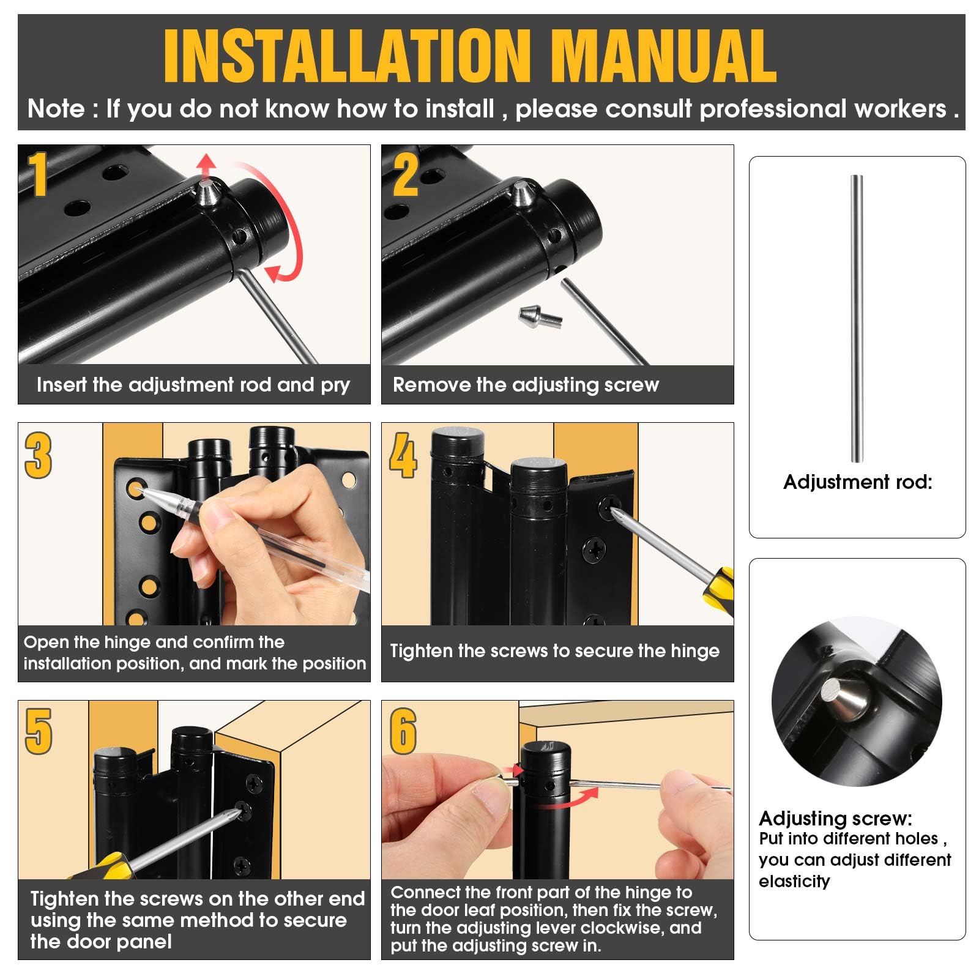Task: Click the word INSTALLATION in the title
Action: click(x=347, y=56)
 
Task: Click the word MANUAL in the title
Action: click(x=664, y=56)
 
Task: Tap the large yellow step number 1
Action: click(x=39, y=174)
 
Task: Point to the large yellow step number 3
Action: click(x=39, y=455)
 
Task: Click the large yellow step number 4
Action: click(x=403, y=455)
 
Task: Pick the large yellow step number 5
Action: click(x=39, y=732)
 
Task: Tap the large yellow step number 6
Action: click(x=403, y=732)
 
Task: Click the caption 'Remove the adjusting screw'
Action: click(x=526, y=385)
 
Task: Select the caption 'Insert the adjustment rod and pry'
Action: click(x=193, y=385)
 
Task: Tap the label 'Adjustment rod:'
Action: click(x=858, y=482)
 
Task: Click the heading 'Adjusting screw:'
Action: click(x=835, y=818)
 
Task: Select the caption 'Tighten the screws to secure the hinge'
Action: click(x=554, y=651)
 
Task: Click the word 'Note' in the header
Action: click(x=56, y=109)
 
